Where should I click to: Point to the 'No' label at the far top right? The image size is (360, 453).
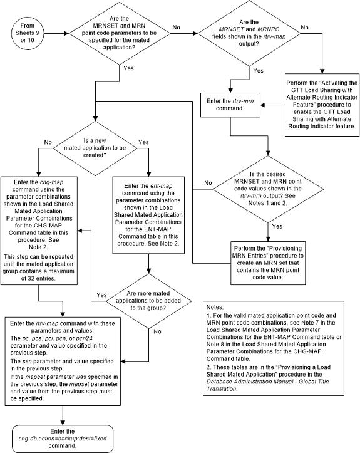(305, 28)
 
